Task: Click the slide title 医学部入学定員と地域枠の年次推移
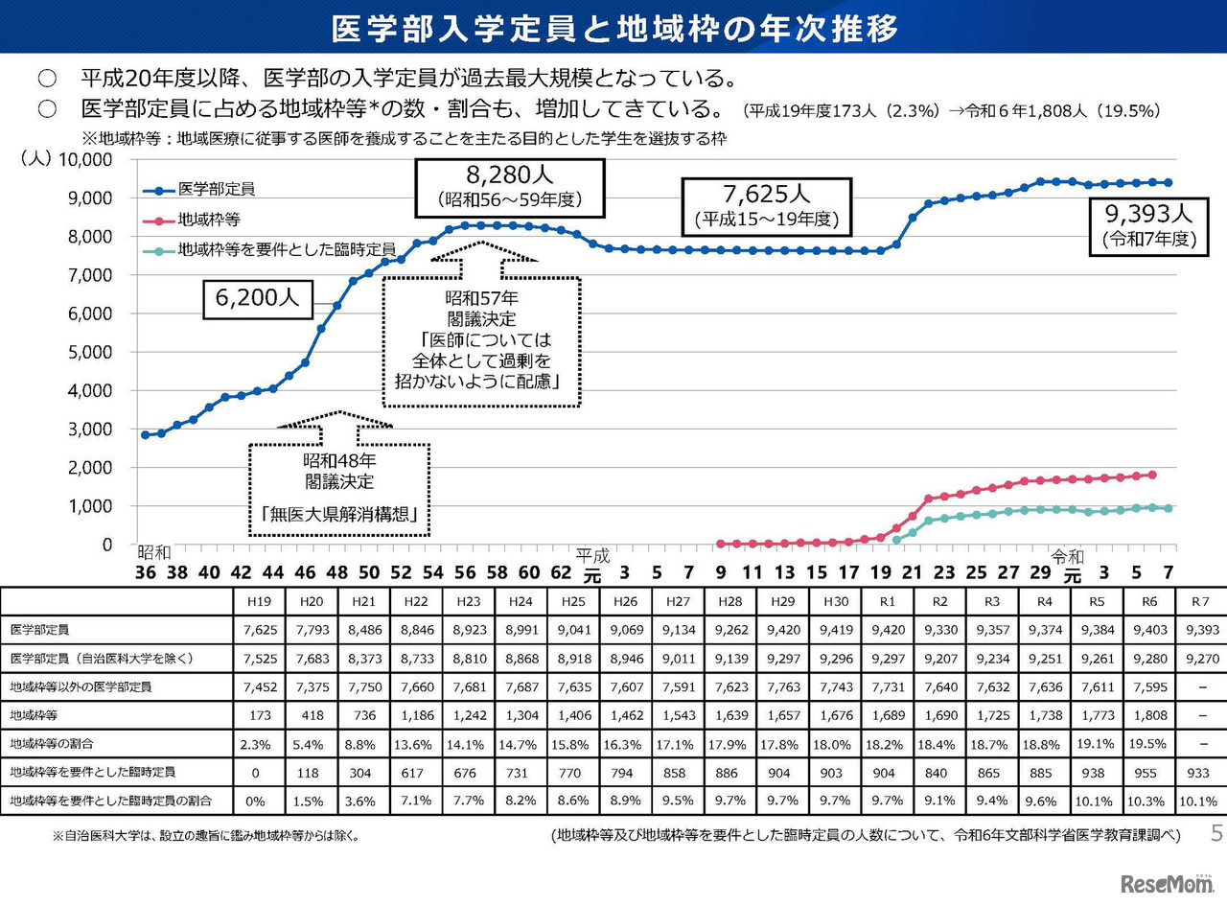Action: click(x=613, y=28)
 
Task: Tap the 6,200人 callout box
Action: click(x=257, y=298)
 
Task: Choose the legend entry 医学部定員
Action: click(x=216, y=190)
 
